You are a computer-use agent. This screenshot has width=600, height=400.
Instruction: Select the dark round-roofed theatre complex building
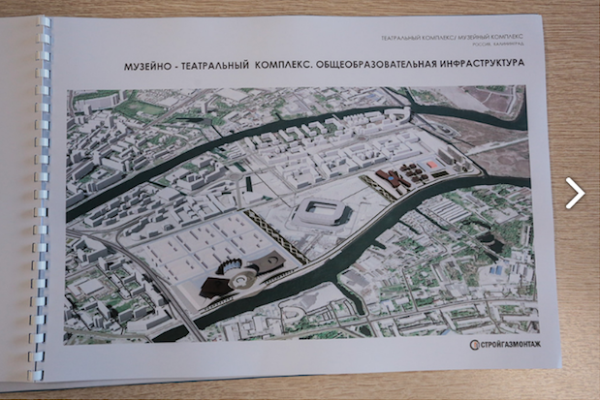pyautogui.click(x=233, y=281)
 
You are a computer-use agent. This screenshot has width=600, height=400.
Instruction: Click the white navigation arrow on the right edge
pyautogui.click(x=575, y=193)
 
